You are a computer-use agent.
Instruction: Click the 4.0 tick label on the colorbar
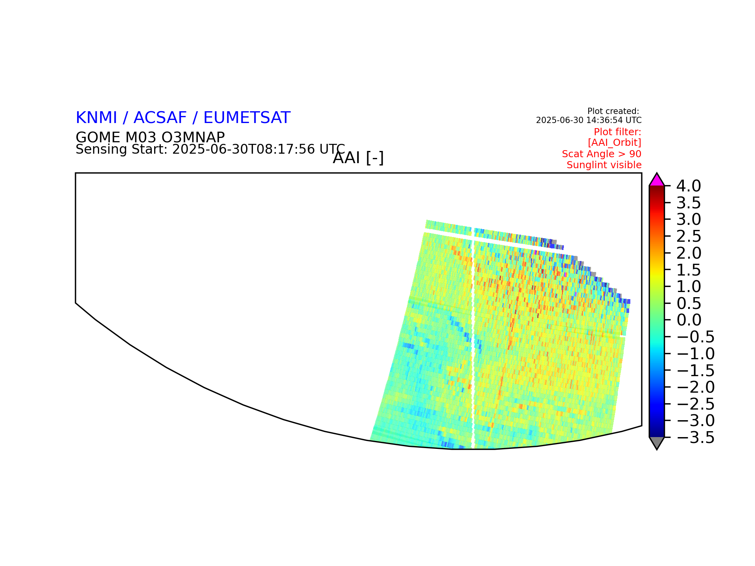point(689,186)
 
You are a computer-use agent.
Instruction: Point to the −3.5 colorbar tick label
point(696,437)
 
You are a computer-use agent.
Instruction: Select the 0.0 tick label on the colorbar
point(689,320)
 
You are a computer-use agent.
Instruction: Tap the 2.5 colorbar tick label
point(689,236)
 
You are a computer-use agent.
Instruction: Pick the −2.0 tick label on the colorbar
point(696,387)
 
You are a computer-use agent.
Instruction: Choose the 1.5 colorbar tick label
point(689,270)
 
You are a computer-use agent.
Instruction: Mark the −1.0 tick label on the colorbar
point(696,354)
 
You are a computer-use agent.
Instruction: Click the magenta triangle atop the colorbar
point(657,180)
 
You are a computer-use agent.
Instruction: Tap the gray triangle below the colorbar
point(657,443)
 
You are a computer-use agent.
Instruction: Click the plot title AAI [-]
point(358,158)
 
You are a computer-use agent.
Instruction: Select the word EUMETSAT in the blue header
point(247,118)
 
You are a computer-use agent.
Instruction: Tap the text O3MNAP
point(188,137)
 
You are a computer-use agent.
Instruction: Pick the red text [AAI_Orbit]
point(615,142)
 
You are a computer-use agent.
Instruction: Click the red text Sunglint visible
point(604,165)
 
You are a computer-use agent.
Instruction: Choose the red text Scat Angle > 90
point(602,154)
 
